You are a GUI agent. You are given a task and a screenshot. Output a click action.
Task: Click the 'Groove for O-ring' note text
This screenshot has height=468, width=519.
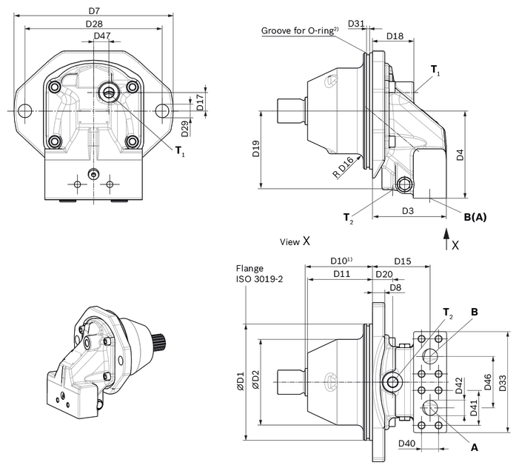point(300,30)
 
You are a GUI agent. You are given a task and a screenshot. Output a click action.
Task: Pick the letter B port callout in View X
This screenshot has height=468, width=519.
point(475,312)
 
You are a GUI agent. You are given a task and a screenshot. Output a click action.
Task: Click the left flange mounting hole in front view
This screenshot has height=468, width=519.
point(24,111)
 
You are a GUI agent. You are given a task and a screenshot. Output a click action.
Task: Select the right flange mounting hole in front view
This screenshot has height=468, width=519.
point(162,111)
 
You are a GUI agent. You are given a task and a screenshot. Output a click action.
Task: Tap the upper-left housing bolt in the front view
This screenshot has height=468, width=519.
point(53,87)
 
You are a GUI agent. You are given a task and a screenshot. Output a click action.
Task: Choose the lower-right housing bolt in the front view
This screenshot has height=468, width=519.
point(132,141)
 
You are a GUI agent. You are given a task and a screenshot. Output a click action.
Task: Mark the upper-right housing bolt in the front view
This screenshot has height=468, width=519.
point(132,87)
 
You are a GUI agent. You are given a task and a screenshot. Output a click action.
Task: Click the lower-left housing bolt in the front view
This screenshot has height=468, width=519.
point(53,141)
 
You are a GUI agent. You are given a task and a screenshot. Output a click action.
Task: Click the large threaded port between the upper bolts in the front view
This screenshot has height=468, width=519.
point(107,91)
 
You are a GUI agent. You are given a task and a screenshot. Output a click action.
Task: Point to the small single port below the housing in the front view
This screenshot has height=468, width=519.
point(92,173)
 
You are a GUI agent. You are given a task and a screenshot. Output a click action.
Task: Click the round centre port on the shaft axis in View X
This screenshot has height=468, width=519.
point(393,381)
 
